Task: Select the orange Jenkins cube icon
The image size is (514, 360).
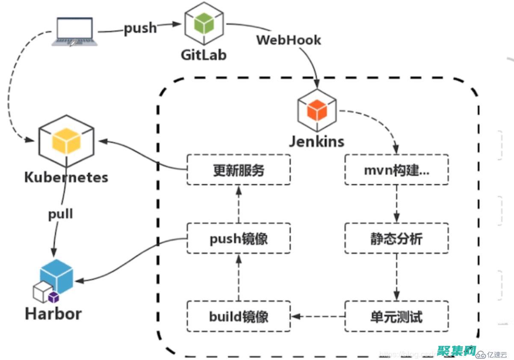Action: click(317, 110)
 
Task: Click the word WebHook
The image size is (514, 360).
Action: click(288, 40)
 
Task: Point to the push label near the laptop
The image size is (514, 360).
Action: click(140, 29)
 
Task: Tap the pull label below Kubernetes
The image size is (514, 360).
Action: click(60, 213)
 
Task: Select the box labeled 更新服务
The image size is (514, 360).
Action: click(239, 170)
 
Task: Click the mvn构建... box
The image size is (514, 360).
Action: click(396, 170)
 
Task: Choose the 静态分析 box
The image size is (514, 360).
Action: click(396, 238)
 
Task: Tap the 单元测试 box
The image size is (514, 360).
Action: click(396, 316)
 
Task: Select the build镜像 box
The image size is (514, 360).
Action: click(239, 316)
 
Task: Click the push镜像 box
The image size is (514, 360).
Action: click(239, 238)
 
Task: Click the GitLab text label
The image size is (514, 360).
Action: click(204, 55)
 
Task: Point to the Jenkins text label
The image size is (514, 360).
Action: click(316, 141)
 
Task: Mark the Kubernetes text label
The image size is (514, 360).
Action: click(66, 177)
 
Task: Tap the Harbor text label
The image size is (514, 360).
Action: click(53, 314)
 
